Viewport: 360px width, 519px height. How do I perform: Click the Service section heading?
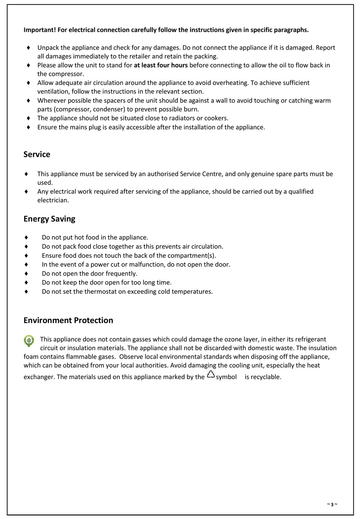click(37, 154)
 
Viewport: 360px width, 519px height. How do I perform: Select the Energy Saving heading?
click(49, 219)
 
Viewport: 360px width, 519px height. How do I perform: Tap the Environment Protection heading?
click(68, 320)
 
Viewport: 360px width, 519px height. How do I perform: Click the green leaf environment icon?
click(29, 341)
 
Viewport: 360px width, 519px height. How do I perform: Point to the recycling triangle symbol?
click(211, 375)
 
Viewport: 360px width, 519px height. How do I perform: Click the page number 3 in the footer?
click(332, 504)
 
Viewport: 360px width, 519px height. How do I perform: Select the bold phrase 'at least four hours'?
click(161, 65)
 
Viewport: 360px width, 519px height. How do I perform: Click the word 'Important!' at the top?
click(39, 30)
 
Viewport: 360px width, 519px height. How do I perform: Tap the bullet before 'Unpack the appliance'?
click(28, 48)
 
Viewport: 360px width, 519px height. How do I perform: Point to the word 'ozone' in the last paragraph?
click(233, 339)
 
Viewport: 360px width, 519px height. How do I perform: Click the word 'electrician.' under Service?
click(53, 200)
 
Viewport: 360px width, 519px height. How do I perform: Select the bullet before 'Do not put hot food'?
click(26, 237)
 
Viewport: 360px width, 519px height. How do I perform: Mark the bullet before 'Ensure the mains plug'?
click(28, 127)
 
